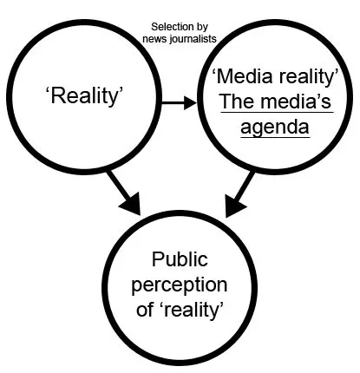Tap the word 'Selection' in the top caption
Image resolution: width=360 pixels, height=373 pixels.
pos(165,27)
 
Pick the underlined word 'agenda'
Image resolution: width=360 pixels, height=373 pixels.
pos(274,127)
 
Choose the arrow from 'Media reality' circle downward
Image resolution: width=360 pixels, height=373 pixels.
pos(242,192)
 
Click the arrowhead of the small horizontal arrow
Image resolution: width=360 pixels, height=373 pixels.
pos(192,102)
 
